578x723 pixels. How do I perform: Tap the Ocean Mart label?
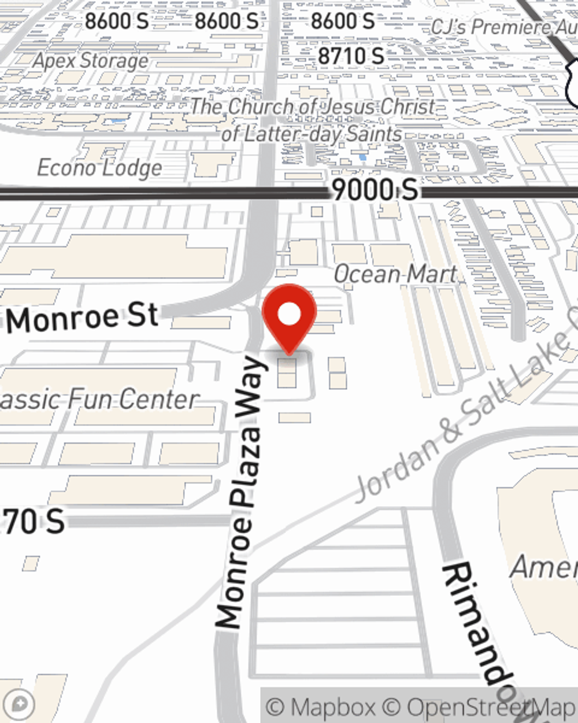point(395,274)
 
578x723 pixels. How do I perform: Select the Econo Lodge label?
point(99,168)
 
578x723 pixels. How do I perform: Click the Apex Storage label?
point(91,60)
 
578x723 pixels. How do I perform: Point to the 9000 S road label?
point(375,190)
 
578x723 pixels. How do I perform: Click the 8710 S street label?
point(351,56)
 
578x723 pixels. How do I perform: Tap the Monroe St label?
point(83,318)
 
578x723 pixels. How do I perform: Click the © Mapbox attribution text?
point(321,707)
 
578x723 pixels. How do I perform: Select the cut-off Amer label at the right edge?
point(543,566)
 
